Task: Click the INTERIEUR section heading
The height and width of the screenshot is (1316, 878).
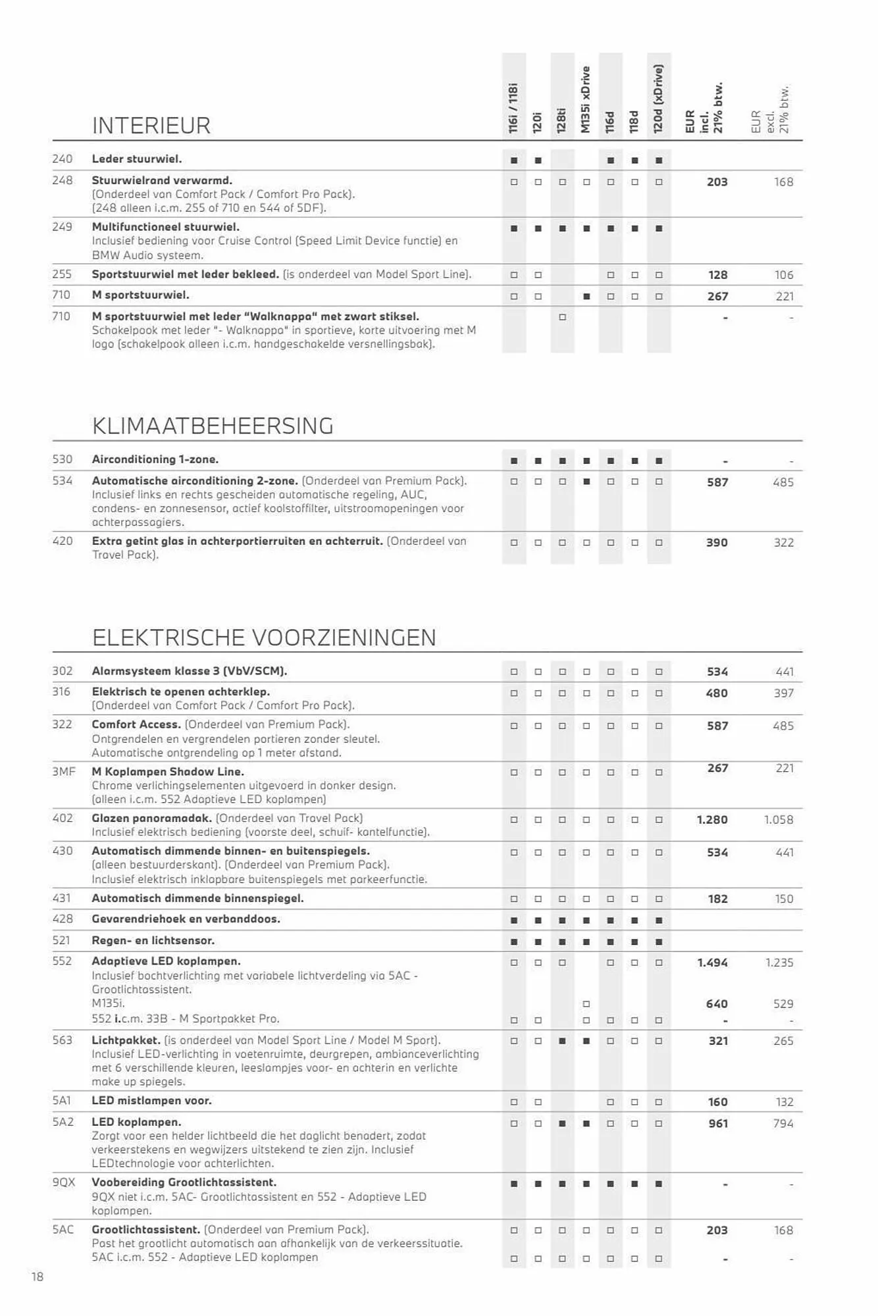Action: (x=151, y=125)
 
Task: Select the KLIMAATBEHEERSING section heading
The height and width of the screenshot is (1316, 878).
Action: (x=212, y=426)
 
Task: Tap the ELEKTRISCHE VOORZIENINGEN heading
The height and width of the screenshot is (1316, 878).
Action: (x=263, y=638)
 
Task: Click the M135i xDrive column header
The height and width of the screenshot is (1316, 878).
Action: (x=586, y=99)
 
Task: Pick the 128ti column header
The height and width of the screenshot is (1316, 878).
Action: (x=561, y=120)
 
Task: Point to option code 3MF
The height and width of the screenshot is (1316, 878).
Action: (x=64, y=771)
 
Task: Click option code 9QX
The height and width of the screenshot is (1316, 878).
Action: (x=64, y=1182)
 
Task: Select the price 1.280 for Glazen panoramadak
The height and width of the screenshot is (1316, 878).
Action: (x=712, y=820)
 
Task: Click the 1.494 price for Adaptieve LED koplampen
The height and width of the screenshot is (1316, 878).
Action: (x=712, y=963)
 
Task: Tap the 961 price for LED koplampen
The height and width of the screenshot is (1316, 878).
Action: (x=717, y=1123)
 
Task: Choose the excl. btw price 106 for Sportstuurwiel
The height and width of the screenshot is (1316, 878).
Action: (x=784, y=275)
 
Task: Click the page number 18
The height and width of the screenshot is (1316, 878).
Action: (x=38, y=1277)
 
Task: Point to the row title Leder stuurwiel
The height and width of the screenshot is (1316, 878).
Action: (x=136, y=159)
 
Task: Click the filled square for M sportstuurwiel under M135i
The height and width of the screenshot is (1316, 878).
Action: (x=586, y=297)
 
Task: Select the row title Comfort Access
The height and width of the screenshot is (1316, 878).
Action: (x=136, y=724)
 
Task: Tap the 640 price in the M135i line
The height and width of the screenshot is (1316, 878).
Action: (x=717, y=1004)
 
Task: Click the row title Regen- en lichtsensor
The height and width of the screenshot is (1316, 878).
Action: (x=153, y=940)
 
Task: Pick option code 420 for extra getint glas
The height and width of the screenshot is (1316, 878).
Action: (x=63, y=541)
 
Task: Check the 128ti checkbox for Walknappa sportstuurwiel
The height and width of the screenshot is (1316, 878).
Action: (x=562, y=317)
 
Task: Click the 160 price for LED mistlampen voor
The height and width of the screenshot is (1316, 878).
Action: (x=717, y=1102)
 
